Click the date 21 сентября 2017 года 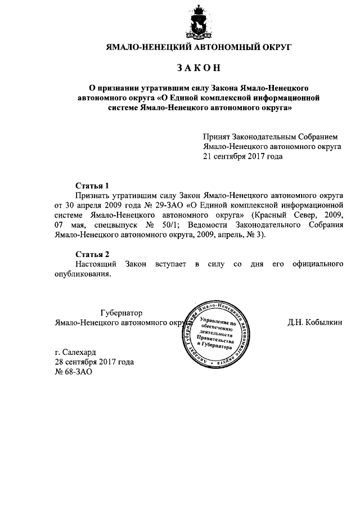(x=242, y=156)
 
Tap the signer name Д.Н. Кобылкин (x=314, y=323)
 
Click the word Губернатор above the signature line (x=121, y=313)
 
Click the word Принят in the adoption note (x=217, y=137)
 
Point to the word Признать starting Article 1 (x=93, y=195)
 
